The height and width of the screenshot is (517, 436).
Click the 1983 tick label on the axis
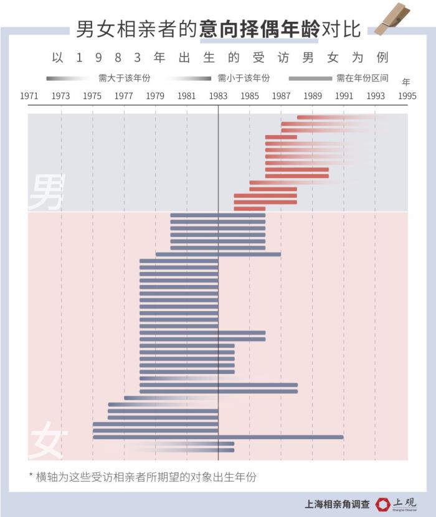(218, 96)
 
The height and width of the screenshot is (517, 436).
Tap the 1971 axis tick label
(29, 96)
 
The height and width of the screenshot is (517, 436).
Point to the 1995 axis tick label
(407, 96)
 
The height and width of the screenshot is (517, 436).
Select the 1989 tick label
(313, 96)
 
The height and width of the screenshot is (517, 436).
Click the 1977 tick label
(124, 96)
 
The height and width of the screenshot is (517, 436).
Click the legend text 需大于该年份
(125, 78)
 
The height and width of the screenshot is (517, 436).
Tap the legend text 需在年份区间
(363, 78)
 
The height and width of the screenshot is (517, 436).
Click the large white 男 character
(47, 192)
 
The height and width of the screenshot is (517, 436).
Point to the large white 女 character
(47, 441)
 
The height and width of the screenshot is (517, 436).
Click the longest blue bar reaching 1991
(218, 437)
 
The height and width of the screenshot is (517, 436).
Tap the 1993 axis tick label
(376, 96)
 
